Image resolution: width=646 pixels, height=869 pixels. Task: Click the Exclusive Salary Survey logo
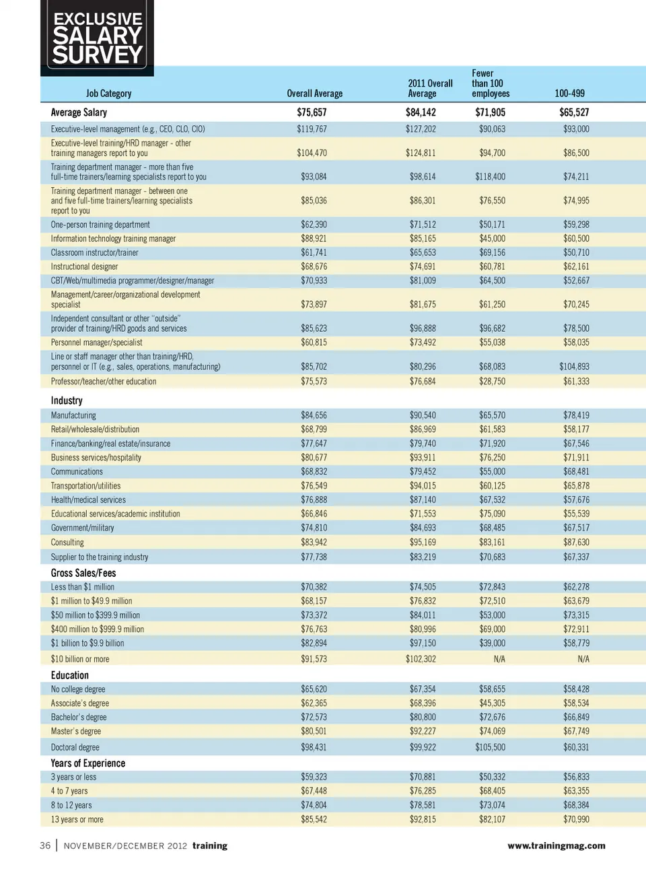(x=98, y=38)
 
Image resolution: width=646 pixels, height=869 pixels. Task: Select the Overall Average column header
(x=314, y=94)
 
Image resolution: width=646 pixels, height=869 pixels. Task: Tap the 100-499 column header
(x=569, y=94)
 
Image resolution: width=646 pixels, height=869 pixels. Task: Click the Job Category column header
(x=108, y=94)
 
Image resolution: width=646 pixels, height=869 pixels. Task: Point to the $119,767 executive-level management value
(x=312, y=129)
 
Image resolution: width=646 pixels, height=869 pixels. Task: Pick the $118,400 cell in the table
(x=490, y=177)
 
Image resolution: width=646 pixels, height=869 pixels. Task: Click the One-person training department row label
(x=100, y=225)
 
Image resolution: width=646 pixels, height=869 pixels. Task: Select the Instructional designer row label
(x=84, y=267)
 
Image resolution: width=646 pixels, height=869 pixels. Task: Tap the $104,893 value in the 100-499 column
(x=574, y=367)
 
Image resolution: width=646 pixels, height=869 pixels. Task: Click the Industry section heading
(x=67, y=401)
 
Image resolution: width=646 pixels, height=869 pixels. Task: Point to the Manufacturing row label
(x=73, y=416)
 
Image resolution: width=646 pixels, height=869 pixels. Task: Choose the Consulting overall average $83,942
(x=314, y=543)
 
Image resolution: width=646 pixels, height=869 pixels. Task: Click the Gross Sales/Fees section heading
(x=83, y=573)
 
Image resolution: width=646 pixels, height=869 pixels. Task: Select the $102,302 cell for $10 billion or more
(x=421, y=659)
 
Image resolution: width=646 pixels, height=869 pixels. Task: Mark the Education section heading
(x=70, y=675)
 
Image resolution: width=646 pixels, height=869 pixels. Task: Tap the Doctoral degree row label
(x=75, y=747)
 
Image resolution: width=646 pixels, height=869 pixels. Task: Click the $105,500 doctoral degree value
(x=490, y=747)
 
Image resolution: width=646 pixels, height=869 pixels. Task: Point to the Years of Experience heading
(x=88, y=763)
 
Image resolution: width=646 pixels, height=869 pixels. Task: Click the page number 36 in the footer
(x=45, y=845)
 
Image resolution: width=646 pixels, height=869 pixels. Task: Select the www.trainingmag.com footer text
(x=556, y=845)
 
